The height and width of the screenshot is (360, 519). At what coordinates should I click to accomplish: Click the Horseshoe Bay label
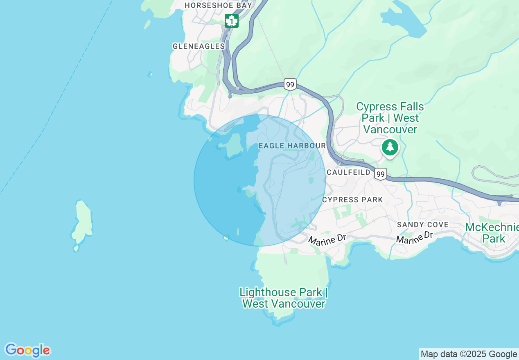click(212, 5)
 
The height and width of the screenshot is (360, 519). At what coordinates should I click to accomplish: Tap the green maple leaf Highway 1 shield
click(232, 20)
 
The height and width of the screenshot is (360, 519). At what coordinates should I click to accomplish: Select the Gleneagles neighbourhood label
click(199, 46)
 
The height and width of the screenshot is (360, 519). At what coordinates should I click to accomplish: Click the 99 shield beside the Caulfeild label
click(381, 174)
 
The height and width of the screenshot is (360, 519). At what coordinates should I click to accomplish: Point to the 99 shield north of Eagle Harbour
click(290, 85)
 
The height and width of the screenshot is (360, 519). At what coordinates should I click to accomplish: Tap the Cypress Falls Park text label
click(390, 118)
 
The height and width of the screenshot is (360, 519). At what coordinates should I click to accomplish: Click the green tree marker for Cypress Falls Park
click(390, 147)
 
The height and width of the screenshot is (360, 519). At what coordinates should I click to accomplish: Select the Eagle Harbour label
click(292, 146)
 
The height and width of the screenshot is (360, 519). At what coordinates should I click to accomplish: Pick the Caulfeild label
click(348, 172)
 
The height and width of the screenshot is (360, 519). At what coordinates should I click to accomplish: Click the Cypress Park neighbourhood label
click(352, 200)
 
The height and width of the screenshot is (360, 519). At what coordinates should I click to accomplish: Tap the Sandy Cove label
click(423, 225)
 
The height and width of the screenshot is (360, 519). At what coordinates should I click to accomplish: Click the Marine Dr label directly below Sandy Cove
click(414, 237)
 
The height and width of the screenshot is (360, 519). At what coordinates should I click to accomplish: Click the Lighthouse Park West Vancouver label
click(284, 298)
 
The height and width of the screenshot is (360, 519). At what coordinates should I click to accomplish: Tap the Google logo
click(27, 350)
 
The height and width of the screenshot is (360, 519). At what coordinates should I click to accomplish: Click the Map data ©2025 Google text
click(469, 354)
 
